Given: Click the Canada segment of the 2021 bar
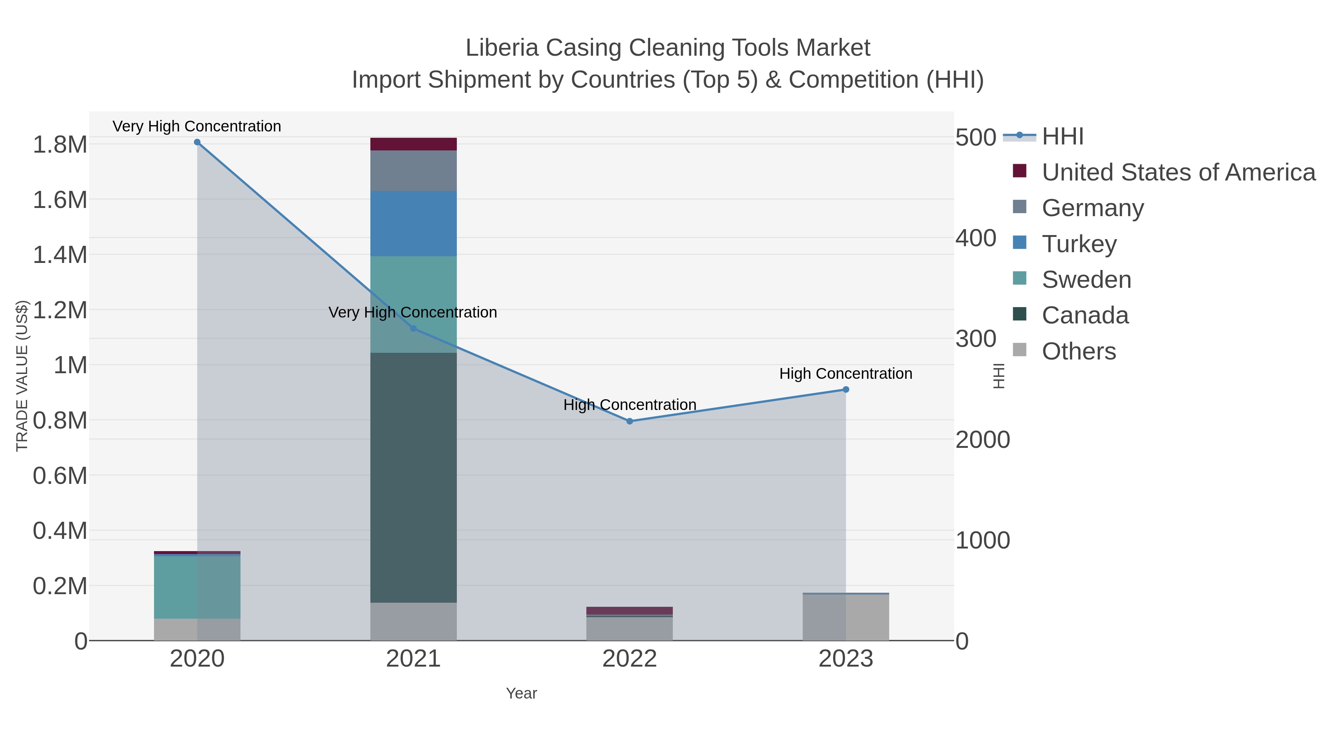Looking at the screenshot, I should (x=413, y=478).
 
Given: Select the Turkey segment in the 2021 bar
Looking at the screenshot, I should (x=413, y=223).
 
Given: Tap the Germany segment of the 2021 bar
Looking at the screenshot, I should (x=413, y=170).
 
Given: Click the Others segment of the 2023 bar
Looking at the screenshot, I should (x=846, y=617).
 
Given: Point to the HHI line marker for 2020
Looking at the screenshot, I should (x=197, y=142).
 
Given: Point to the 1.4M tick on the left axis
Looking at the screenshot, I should (x=60, y=255).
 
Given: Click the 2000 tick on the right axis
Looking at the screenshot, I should (x=982, y=440).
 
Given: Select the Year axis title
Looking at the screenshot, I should (x=521, y=693).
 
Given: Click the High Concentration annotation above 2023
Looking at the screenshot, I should (x=845, y=374).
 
